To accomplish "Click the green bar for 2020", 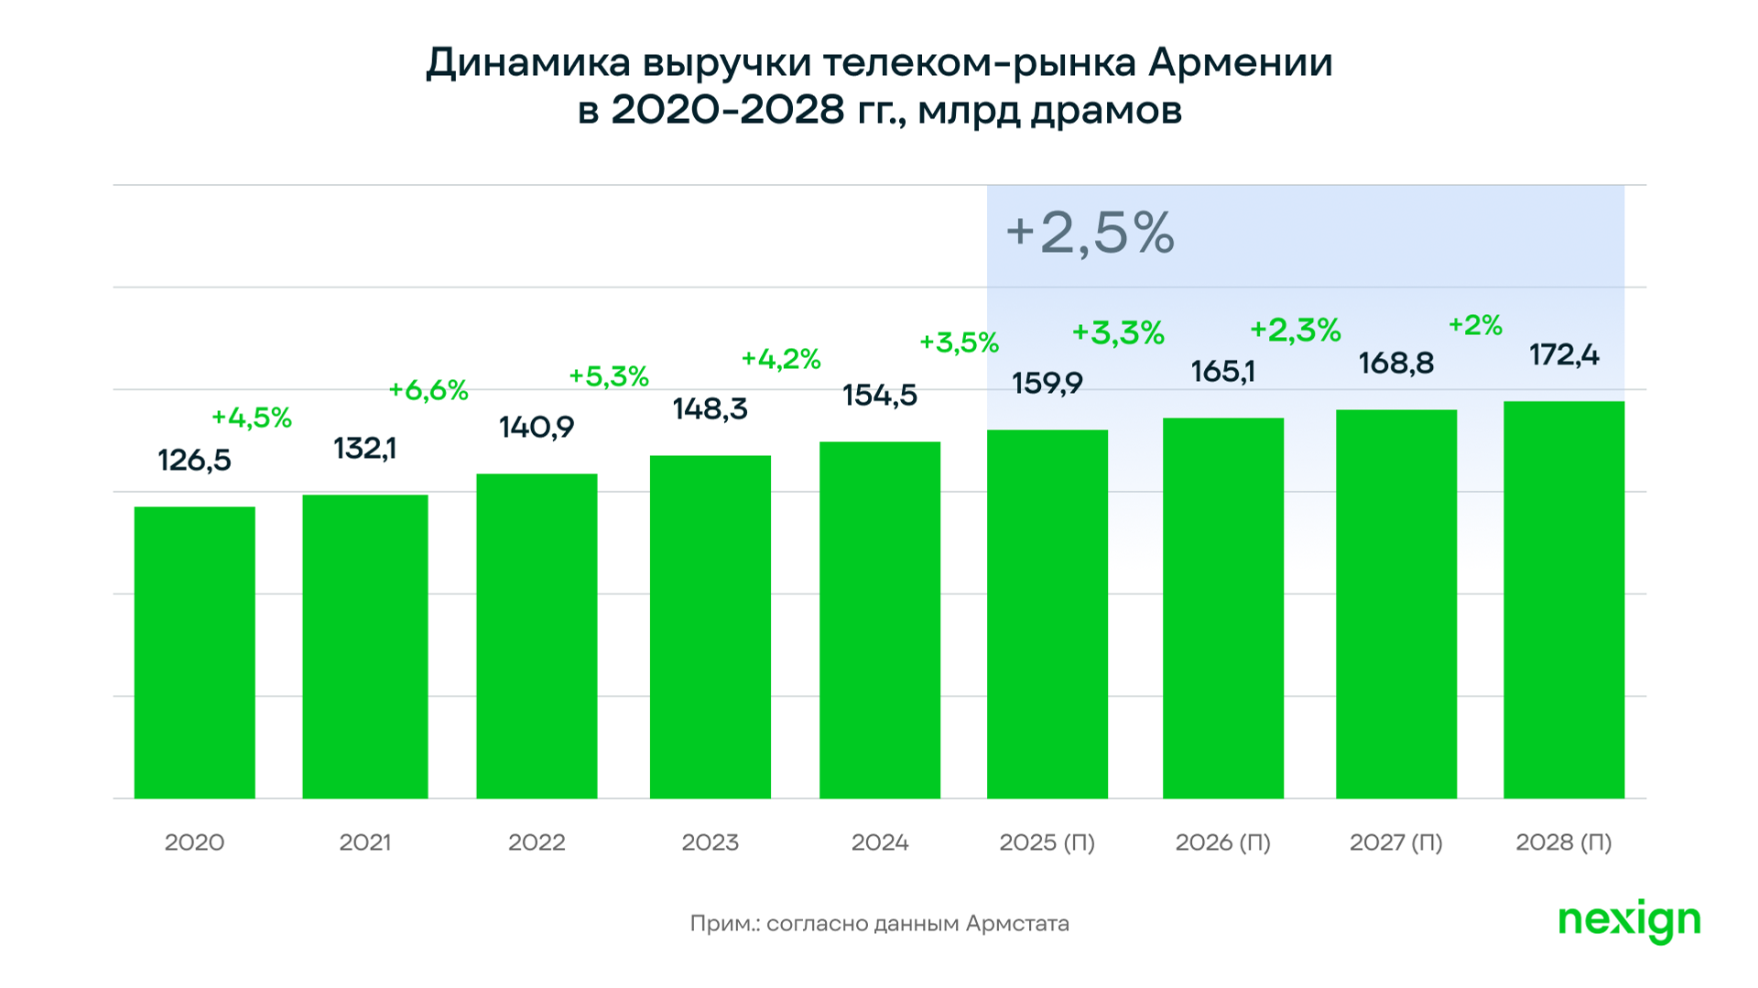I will click(194, 652).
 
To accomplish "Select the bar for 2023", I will click(710, 626).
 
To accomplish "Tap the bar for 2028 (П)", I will click(1563, 600).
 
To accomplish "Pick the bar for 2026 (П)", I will click(1222, 608).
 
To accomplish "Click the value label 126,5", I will click(194, 461).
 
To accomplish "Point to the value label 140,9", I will click(536, 428).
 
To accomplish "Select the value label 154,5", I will click(879, 396).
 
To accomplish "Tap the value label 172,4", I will click(1564, 355).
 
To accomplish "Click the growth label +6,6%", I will click(429, 391).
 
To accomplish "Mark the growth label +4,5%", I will click(252, 418).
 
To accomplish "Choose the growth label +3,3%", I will click(1118, 332).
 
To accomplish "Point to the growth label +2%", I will click(1475, 325).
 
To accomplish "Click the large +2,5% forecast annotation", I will click(1090, 233).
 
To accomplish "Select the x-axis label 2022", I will click(537, 842).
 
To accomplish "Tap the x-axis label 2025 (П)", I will click(1047, 842).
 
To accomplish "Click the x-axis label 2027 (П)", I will click(1395, 842).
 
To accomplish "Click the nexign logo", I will click(1629, 920).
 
